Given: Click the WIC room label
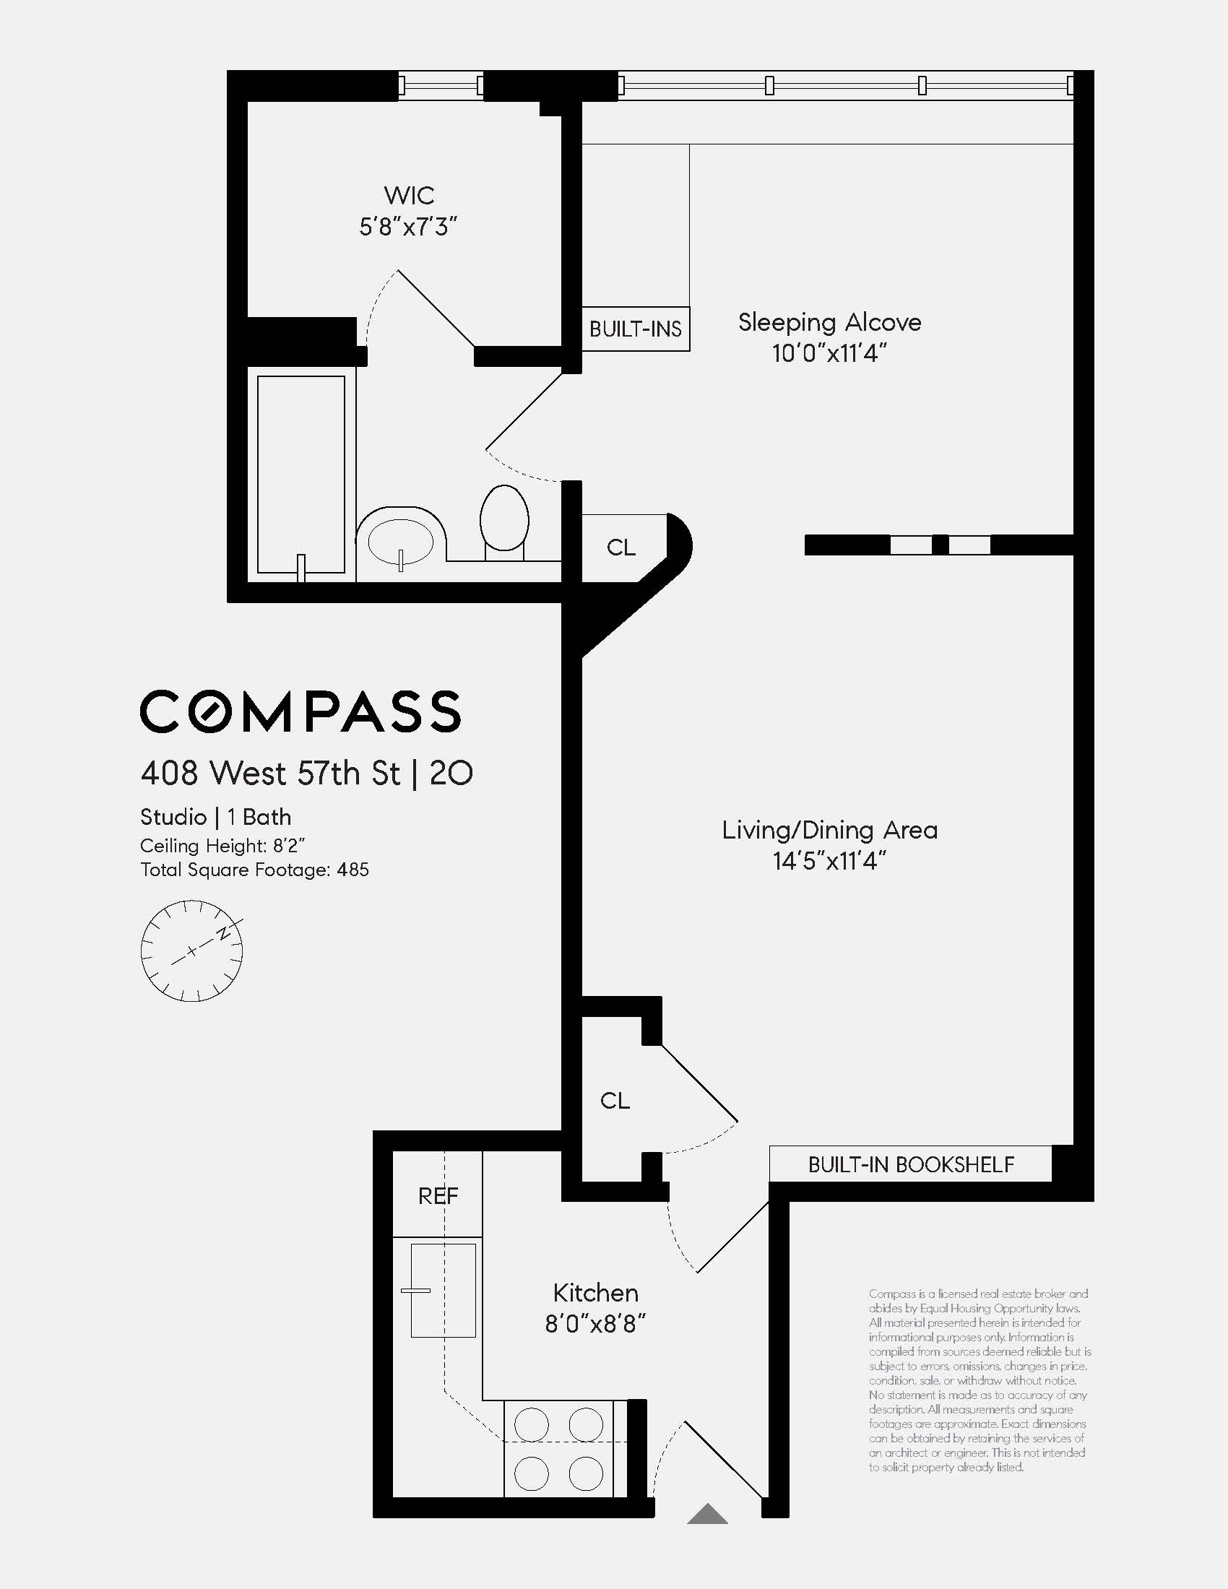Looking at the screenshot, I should point(409,195).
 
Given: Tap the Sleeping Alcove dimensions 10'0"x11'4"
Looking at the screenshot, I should point(829,354).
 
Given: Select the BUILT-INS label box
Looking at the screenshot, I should point(635,329).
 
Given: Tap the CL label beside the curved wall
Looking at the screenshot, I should point(621,547).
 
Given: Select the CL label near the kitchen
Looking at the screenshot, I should point(615,1100).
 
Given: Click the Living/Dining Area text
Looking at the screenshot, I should point(829,830).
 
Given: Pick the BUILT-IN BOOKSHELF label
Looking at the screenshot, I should point(910,1165).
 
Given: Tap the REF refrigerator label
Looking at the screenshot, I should point(438,1195).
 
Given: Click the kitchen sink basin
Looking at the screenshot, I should point(443,1290).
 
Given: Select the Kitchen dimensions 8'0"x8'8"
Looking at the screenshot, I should point(595,1323).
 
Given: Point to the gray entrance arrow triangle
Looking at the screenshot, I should point(707,1515).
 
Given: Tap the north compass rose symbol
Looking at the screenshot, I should point(191,951).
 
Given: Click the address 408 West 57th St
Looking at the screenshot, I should point(270,773).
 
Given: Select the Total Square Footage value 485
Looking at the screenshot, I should point(353,870).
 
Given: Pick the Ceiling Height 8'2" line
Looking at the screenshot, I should point(222,846).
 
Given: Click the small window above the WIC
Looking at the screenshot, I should point(441,86).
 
